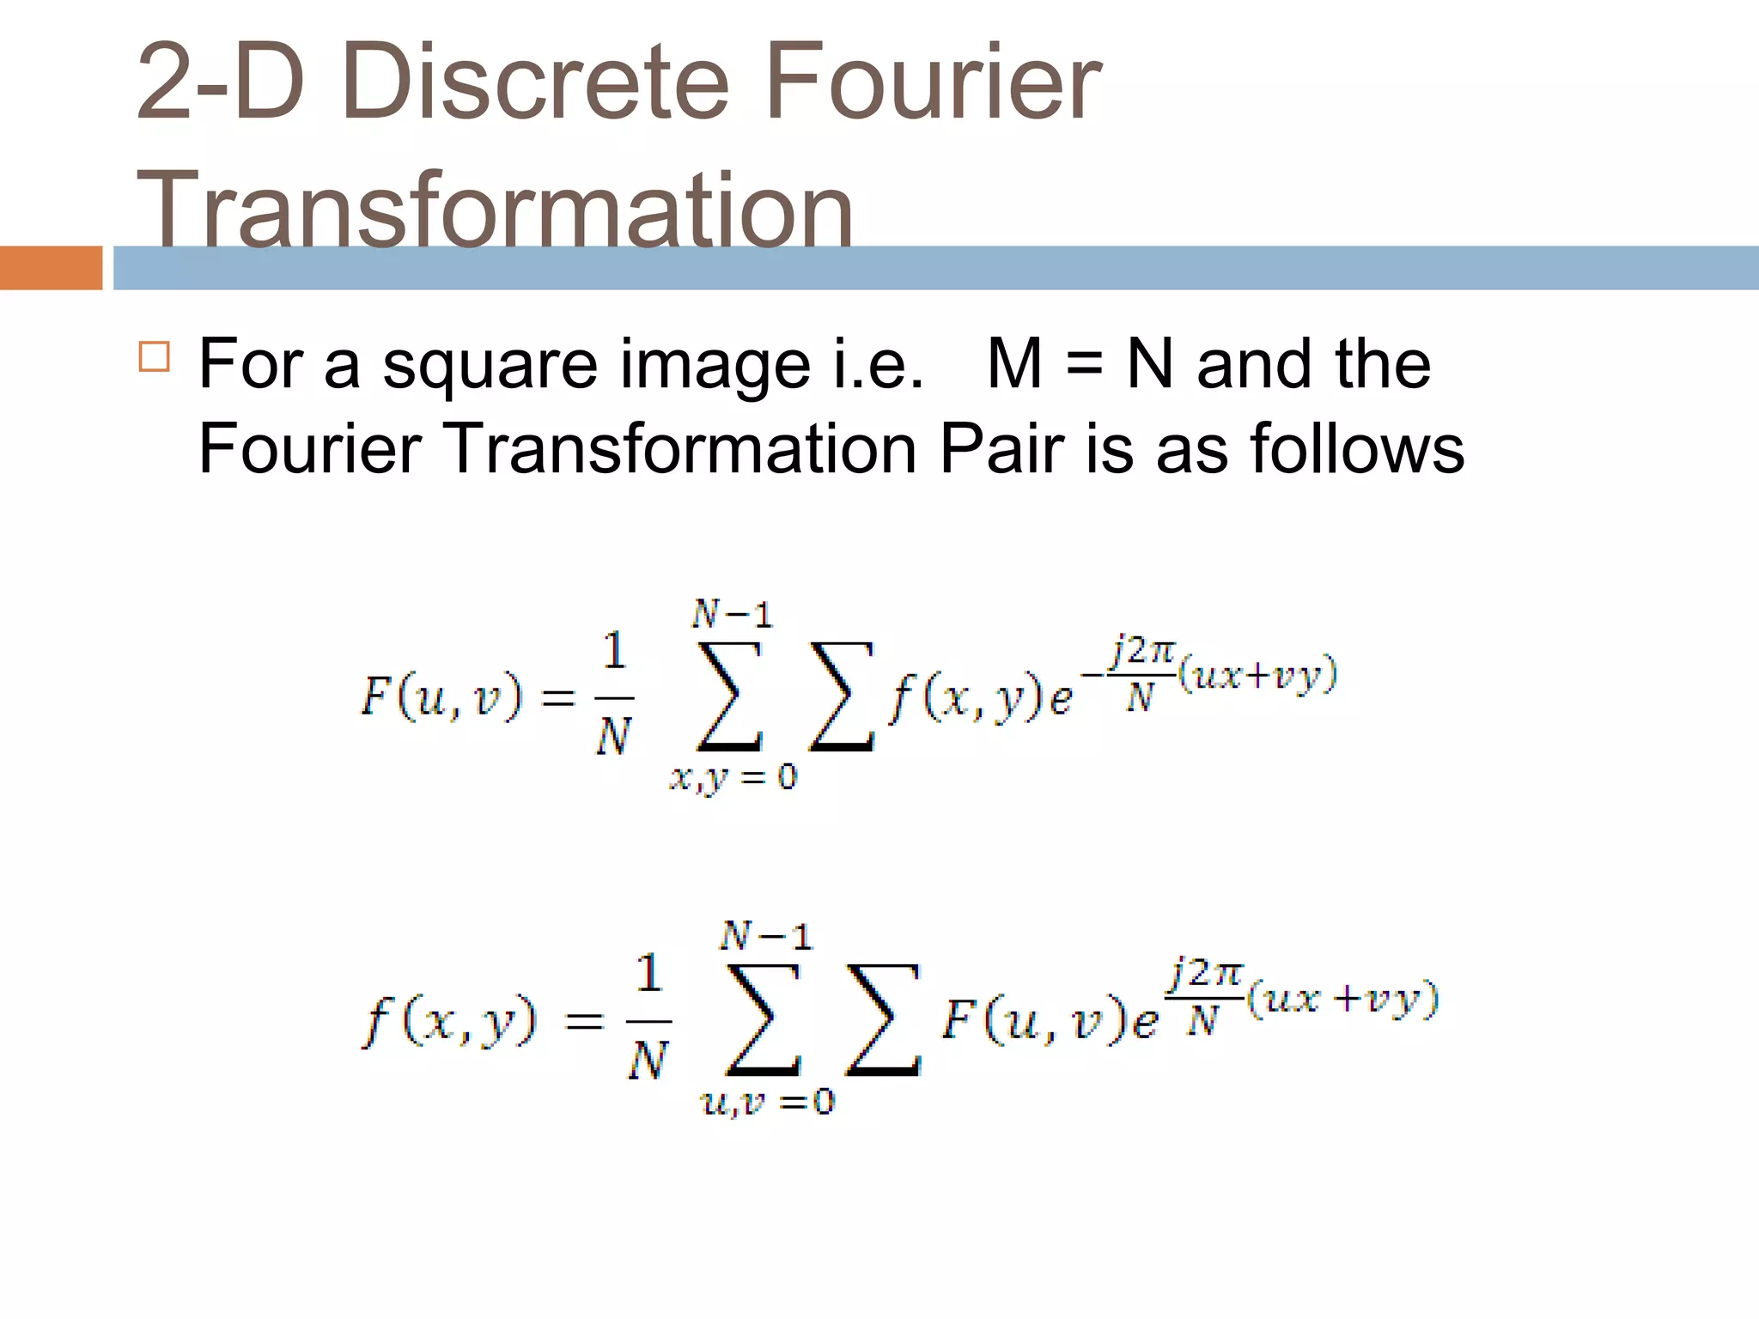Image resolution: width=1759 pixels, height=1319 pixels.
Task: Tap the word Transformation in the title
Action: (x=495, y=210)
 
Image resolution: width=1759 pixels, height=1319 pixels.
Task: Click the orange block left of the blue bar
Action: (x=51, y=268)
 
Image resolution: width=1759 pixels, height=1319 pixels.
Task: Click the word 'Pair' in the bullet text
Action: (x=1001, y=448)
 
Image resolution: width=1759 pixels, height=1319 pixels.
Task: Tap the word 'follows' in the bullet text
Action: (x=1357, y=448)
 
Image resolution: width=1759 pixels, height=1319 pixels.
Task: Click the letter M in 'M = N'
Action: (x=1015, y=364)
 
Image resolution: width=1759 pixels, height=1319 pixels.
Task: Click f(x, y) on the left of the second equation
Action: (x=449, y=1021)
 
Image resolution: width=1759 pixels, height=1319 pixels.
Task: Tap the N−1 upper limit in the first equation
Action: (x=733, y=615)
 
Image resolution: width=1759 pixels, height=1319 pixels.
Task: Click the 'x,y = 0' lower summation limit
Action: (x=733, y=778)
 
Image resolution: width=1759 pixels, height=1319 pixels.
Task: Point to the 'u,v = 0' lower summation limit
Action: (x=768, y=1102)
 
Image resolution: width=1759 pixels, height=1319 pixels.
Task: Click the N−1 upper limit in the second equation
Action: (x=766, y=936)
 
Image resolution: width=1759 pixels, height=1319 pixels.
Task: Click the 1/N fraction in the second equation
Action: (x=648, y=1017)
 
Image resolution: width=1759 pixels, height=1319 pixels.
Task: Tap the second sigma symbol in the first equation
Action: (x=842, y=697)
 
